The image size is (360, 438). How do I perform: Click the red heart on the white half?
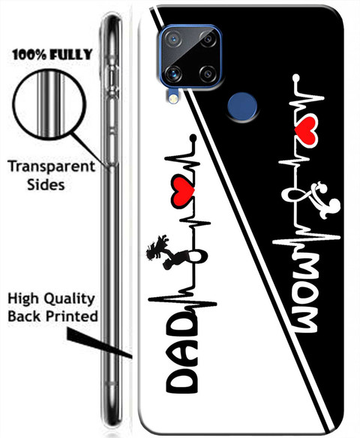coord(183,193)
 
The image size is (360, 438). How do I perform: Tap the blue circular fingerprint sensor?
coord(242,108)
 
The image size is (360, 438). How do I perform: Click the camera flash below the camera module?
coord(173,98)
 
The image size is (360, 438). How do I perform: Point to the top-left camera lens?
coord(173,39)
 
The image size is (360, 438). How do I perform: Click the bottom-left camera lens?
coord(173,73)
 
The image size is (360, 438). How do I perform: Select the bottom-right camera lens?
coord(208,74)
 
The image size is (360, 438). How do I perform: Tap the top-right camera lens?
coord(208,39)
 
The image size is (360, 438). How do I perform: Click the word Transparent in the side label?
coord(52,167)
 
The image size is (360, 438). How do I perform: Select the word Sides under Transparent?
coord(46,185)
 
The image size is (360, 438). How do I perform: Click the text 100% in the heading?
coord(29,55)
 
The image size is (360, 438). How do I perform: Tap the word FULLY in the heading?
coord(71,55)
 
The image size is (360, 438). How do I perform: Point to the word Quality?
coord(70,300)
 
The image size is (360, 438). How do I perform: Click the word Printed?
coord(72,316)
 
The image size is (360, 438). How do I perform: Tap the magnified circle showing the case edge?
coord(49,104)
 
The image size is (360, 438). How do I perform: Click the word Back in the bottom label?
coord(25,316)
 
